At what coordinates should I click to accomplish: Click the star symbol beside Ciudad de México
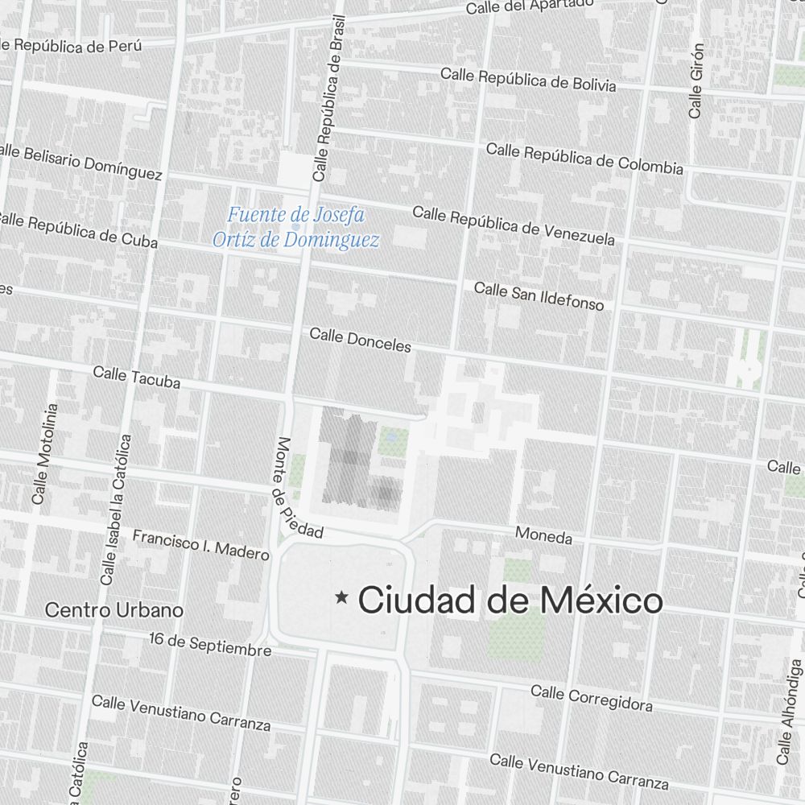[x=342, y=597]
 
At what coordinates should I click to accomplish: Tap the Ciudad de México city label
[x=510, y=601]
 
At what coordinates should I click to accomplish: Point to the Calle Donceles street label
[x=360, y=340]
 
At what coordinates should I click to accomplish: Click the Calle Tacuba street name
[x=136, y=378]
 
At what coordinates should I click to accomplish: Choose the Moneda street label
[x=543, y=536]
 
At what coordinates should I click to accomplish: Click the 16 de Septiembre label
[x=210, y=645]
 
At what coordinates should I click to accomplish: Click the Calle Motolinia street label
[x=44, y=454]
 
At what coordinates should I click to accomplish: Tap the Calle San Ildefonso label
[x=539, y=295]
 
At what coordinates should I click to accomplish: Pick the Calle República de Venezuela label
[x=514, y=225]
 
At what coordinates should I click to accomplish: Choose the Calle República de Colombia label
[x=584, y=159]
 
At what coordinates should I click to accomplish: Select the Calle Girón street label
[x=696, y=81]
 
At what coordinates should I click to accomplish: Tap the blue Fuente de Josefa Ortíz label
[x=295, y=228]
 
